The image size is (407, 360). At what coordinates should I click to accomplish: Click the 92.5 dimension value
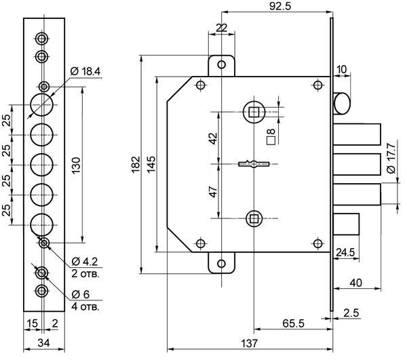point(280,6)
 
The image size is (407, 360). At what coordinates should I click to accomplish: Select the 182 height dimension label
point(136,164)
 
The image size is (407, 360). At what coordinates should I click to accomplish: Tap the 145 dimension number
point(151,164)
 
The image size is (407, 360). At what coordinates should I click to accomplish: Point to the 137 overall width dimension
point(250,344)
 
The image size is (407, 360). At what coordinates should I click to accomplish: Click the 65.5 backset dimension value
point(293,323)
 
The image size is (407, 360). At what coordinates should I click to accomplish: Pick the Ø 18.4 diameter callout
point(85,71)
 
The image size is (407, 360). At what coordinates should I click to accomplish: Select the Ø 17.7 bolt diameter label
point(391,158)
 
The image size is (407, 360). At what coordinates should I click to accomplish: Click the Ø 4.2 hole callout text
point(85,262)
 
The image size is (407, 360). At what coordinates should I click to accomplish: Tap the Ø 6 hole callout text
point(81,294)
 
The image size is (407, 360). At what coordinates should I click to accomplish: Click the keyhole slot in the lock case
point(254,163)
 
